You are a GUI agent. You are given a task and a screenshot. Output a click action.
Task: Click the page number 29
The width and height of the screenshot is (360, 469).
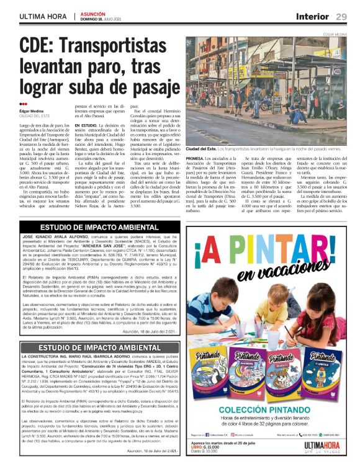[x=341, y=16]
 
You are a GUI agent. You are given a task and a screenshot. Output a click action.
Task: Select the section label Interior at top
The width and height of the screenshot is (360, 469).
[x=312, y=16]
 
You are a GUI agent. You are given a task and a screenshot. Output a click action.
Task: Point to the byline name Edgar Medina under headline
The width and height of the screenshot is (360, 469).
[x=33, y=111]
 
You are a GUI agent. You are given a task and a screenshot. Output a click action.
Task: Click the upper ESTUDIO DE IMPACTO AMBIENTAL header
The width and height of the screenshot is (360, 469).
[x=99, y=228]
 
